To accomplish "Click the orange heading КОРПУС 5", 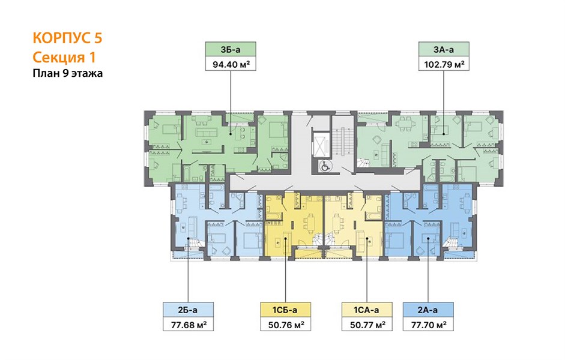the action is pyautogui.click(x=67, y=38).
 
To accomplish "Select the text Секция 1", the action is pyautogui.click(x=64, y=57).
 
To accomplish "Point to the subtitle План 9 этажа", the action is pyautogui.click(x=68, y=73).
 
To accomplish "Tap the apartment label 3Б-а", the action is pyautogui.click(x=231, y=50).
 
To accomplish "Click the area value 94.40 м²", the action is pyautogui.click(x=231, y=64).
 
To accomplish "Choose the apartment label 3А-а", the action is pyautogui.click(x=444, y=50).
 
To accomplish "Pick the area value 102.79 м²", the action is pyautogui.click(x=444, y=64).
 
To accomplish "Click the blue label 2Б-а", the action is pyautogui.click(x=188, y=310).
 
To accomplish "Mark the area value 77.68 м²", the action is pyautogui.click(x=188, y=325).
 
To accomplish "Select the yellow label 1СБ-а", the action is pyautogui.click(x=285, y=310).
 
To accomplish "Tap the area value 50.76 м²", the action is pyautogui.click(x=285, y=325).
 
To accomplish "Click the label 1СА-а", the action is pyautogui.click(x=366, y=310).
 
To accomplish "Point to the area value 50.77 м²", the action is pyautogui.click(x=367, y=325).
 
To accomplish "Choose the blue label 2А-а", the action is pyautogui.click(x=428, y=310).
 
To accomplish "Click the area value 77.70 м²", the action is pyautogui.click(x=428, y=325).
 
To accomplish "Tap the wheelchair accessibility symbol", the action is pyautogui.click(x=325, y=166).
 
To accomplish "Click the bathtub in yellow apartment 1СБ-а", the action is pyautogui.click(x=274, y=215).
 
